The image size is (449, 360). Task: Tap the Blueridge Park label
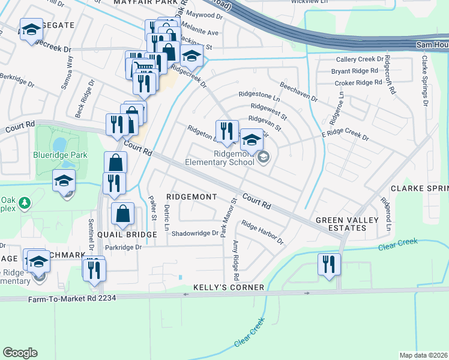point(60,155)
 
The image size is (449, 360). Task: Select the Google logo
point(20,353)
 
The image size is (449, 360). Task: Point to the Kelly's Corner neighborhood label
point(229,287)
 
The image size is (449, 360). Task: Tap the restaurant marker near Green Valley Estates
point(329,265)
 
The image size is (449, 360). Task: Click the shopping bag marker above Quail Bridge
point(123,214)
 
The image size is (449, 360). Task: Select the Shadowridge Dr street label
point(196,233)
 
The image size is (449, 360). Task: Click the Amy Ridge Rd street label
point(235,260)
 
